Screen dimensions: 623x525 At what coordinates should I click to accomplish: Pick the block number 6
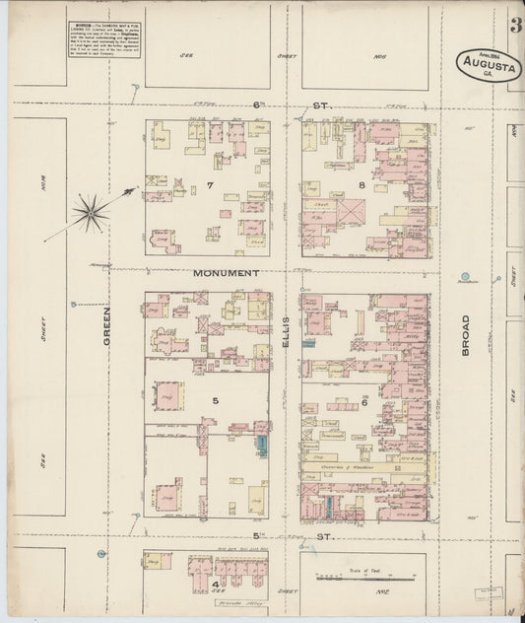coord(363,401)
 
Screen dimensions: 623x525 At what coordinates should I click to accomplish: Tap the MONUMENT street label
coord(227,272)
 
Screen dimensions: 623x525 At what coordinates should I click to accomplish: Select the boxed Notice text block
coord(101,39)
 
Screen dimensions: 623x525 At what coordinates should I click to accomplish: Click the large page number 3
coord(516,26)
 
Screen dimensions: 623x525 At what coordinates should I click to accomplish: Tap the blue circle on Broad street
coord(464,276)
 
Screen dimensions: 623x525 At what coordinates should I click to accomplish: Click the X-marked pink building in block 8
coord(351,210)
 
